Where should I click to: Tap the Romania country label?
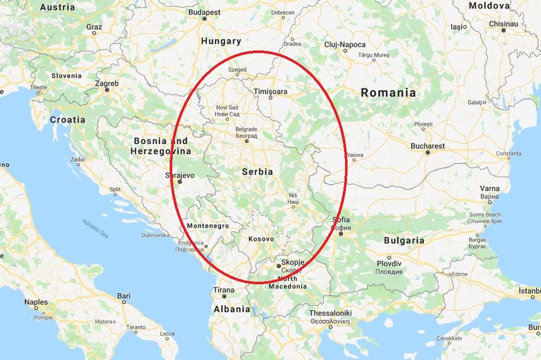click(388, 92)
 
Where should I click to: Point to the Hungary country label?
click(221, 41)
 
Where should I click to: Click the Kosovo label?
click(261, 238)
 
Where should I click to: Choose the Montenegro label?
click(207, 226)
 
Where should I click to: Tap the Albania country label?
click(232, 309)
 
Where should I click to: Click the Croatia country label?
click(68, 119)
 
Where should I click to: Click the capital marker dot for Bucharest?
click(428, 152)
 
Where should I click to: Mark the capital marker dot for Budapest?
click(204, 18)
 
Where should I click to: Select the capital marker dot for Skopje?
click(278, 266)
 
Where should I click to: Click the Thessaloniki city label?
click(331, 313)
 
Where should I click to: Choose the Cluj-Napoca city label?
click(345, 45)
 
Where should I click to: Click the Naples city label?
click(36, 303)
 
